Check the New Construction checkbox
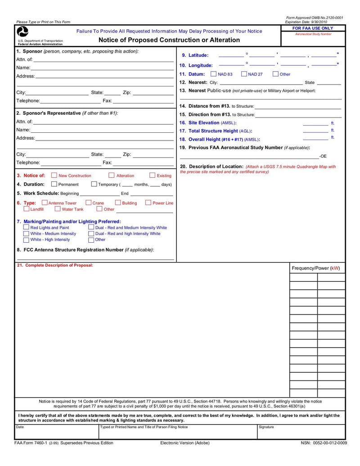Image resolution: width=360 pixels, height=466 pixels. point(54,176)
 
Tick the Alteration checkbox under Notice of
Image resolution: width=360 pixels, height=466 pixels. point(111,176)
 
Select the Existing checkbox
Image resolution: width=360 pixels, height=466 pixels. point(152,176)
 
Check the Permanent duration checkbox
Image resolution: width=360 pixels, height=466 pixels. point(54,184)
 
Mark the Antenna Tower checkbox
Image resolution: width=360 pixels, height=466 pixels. point(45,203)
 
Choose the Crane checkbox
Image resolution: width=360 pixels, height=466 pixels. point(88,203)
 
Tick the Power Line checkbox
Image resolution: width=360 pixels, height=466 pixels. point(148,203)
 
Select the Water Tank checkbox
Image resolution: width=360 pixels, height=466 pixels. point(58,209)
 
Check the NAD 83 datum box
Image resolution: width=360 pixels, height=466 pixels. point(213,74)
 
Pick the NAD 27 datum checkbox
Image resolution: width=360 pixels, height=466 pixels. point(244,74)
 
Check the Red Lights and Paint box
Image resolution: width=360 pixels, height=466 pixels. point(26,227)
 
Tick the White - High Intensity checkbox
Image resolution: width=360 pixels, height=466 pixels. point(26,240)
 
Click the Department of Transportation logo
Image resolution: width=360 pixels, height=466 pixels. point(22,32)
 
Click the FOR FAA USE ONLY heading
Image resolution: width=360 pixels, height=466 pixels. point(313,28)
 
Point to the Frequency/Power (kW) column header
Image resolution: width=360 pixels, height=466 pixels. point(316,268)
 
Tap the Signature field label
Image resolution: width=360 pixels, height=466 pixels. point(266,427)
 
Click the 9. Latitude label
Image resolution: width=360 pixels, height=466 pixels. point(195,55)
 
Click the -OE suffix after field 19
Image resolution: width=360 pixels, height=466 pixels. point(323,156)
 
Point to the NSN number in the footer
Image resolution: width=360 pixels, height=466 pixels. point(324,443)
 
